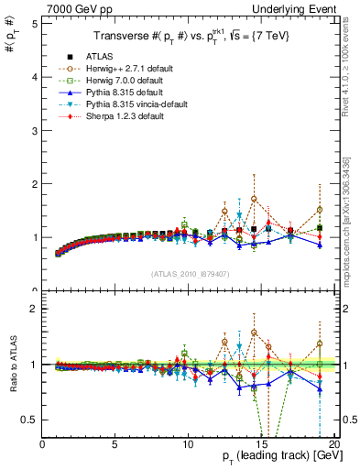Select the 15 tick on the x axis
(261, 444)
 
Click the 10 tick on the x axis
(189, 444)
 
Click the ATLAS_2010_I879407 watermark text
(189, 273)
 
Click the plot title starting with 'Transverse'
(189, 36)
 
